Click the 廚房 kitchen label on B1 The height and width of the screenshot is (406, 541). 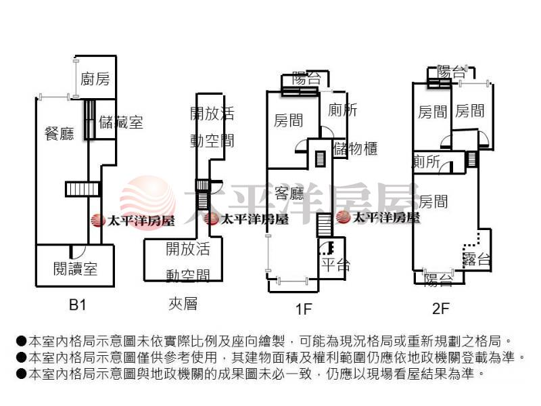95,79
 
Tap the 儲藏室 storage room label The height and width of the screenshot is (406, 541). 120,122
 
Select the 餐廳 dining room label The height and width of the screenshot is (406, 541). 59,133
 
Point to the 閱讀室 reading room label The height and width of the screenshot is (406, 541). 75,269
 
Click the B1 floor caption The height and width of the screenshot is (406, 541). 78,305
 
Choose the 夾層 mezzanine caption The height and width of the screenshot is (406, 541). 183,304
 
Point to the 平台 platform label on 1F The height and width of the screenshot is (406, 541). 335,264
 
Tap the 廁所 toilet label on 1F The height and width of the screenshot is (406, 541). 342,110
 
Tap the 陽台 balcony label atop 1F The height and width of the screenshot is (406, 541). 306,78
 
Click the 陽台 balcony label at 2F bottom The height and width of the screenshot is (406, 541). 438,279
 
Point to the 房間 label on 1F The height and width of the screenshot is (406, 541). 288,120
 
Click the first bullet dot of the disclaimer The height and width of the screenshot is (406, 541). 21,341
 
